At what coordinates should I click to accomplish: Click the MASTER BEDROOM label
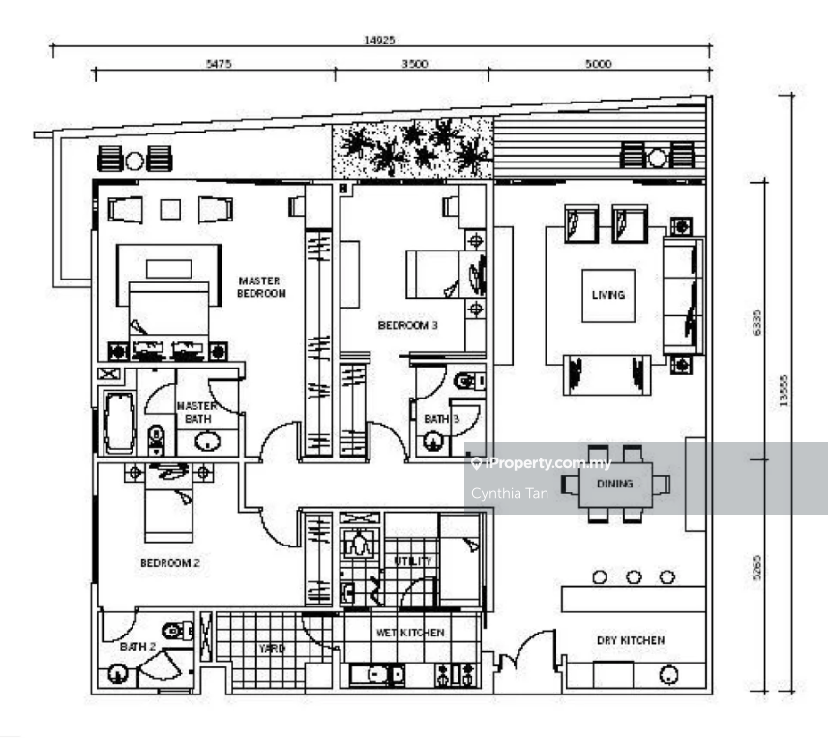click(x=261, y=287)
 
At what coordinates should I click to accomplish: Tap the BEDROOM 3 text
click(x=407, y=325)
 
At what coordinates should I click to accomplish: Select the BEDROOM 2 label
click(x=170, y=563)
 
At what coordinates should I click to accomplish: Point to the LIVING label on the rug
click(x=608, y=295)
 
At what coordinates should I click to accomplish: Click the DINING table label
click(x=614, y=484)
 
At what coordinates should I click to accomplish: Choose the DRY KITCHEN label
click(x=631, y=640)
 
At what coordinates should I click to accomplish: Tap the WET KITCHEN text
click(x=410, y=633)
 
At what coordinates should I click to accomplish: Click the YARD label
click(x=272, y=648)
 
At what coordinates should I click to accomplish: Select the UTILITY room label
click(x=413, y=561)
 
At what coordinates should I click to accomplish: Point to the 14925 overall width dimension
click(x=379, y=40)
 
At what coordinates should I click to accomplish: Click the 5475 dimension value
click(x=219, y=64)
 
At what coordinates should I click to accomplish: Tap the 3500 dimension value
click(x=415, y=64)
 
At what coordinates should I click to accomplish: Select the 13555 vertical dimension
click(x=784, y=391)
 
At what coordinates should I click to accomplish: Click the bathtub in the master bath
click(x=120, y=423)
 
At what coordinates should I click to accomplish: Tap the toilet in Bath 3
click(x=469, y=380)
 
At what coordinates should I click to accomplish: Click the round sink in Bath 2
click(x=118, y=674)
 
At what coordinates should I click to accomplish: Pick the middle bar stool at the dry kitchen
click(x=634, y=577)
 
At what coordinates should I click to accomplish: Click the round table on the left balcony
click(x=134, y=161)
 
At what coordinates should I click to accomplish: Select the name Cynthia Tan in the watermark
click(x=510, y=493)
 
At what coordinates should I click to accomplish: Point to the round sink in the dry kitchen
click(x=669, y=675)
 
